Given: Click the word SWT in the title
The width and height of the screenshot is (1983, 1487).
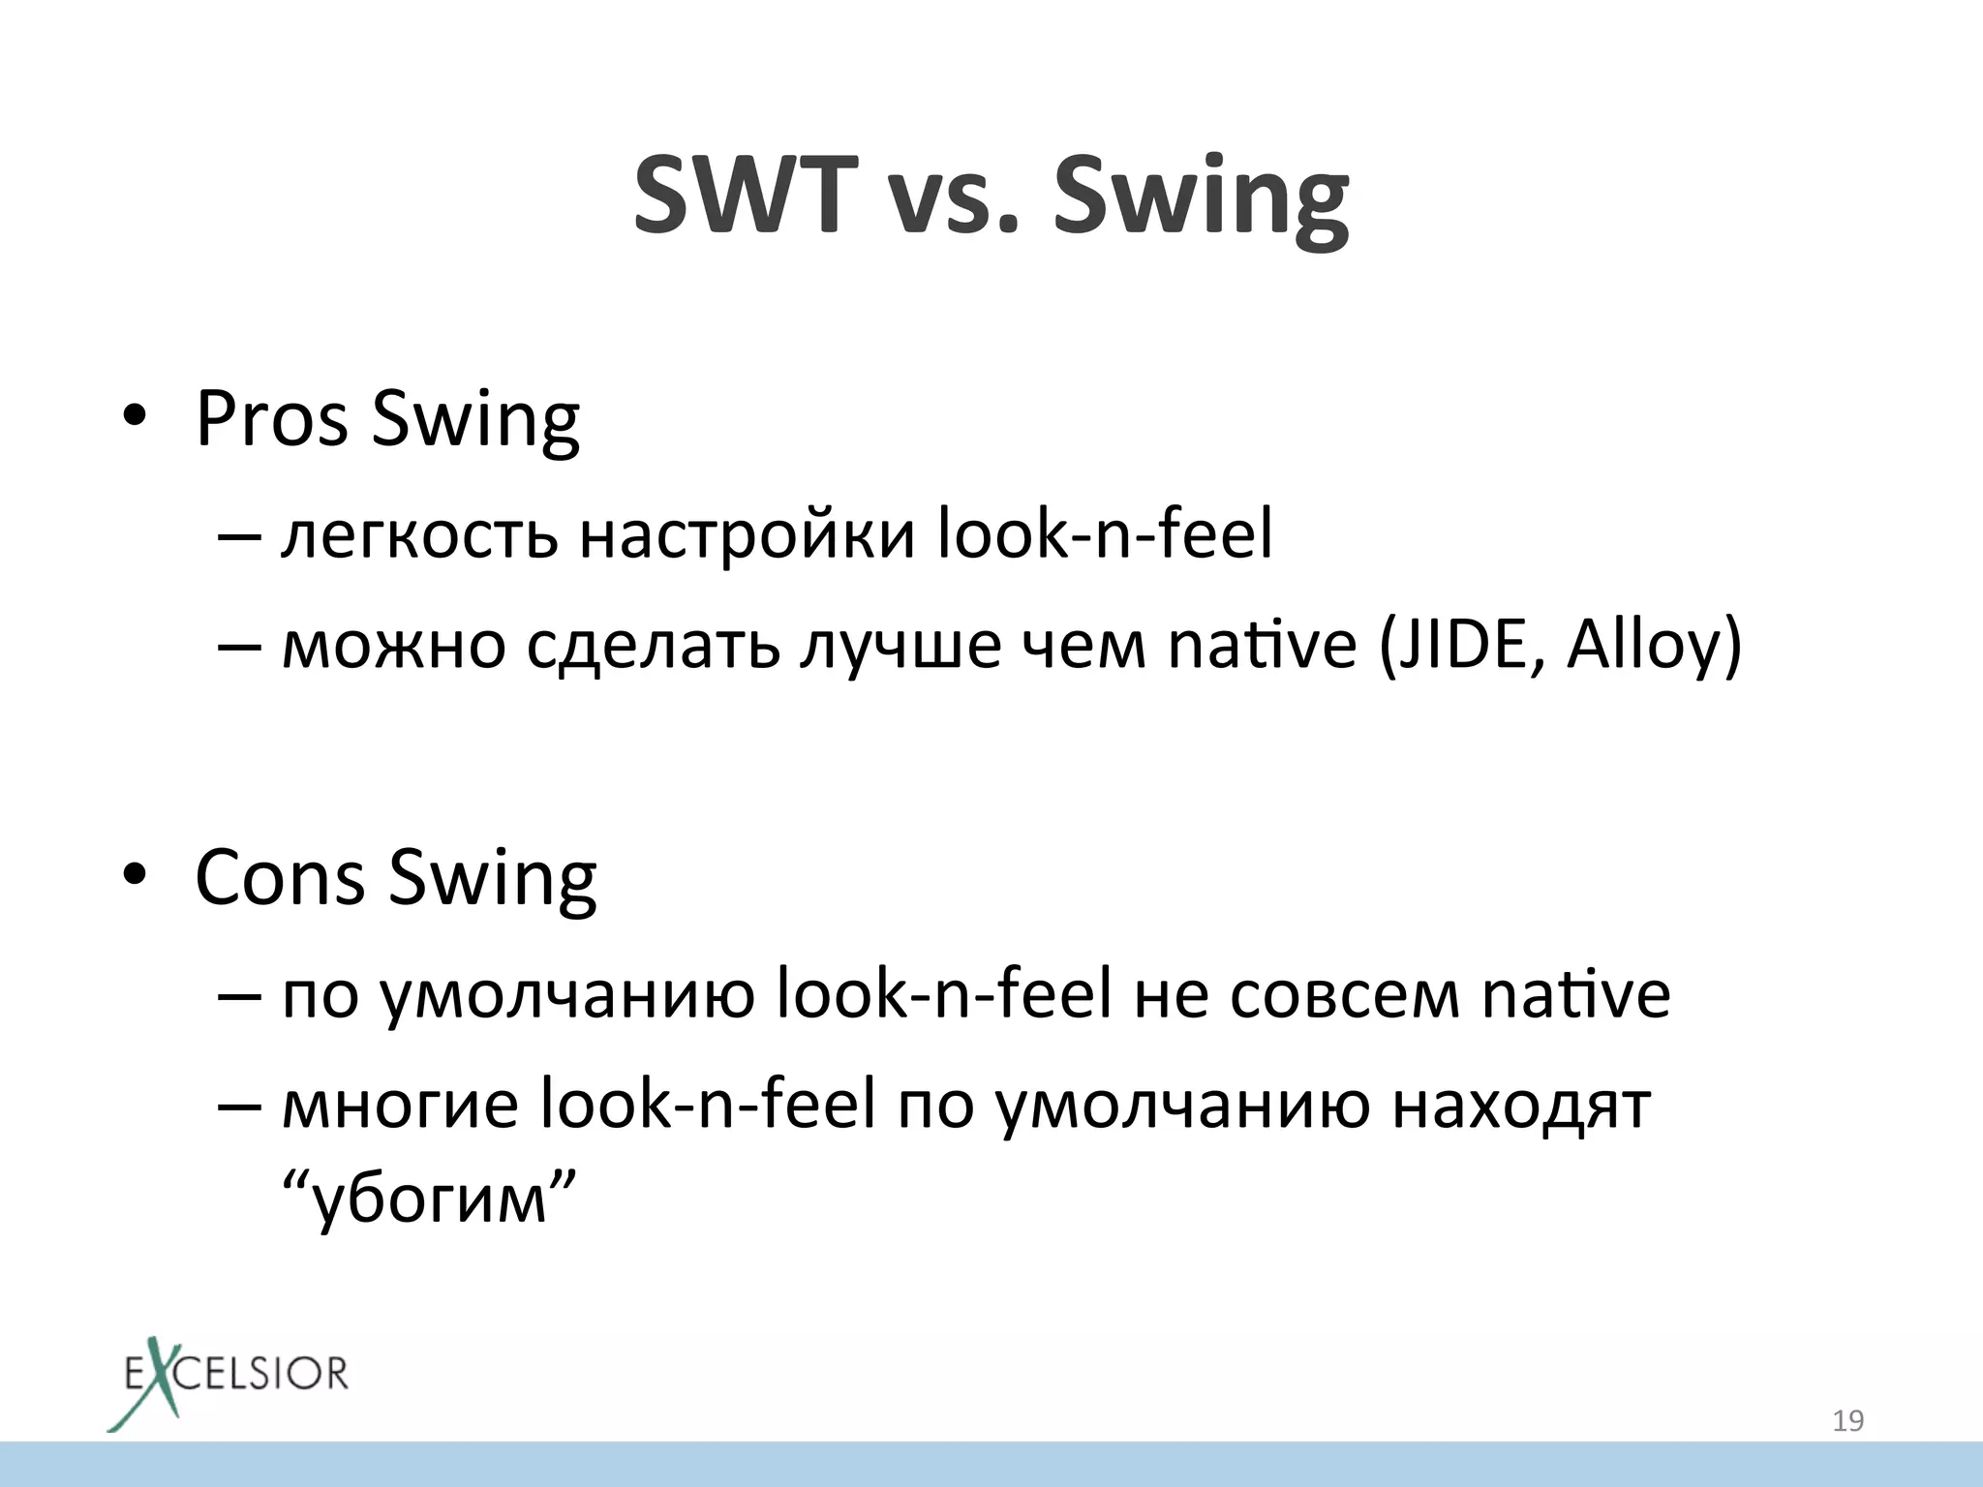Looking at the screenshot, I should pyautogui.click(x=746, y=196).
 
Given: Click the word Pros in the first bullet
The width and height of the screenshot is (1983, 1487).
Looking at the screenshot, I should pyautogui.click(x=271, y=418).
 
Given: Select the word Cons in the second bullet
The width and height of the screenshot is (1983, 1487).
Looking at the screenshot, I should pyautogui.click(x=280, y=877).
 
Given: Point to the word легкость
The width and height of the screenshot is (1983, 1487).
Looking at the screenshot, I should pyautogui.click(x=419, y=535).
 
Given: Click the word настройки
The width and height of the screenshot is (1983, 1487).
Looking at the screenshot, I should pyautogui.click(x=747, y=535).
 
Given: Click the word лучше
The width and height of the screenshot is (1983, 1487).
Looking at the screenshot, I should pyautogui.click(x=900, y=647).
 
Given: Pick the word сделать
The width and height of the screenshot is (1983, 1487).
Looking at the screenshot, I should pyautogui.click(x=653, y=647).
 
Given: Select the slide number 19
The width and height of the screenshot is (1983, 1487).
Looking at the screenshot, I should pyautogui.click(x=1847, y=1420).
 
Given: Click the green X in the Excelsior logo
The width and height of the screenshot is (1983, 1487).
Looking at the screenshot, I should pyautogui.click(x=155, y=1380).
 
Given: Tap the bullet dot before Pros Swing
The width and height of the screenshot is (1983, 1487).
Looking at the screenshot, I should pyautogui.click(x=135, y=418).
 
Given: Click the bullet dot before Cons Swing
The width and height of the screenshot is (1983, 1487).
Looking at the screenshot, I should pyautogui.click(x=135, y=876).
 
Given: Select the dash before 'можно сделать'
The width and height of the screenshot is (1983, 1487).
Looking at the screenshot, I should pyautogui.click(x=240, y=645).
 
